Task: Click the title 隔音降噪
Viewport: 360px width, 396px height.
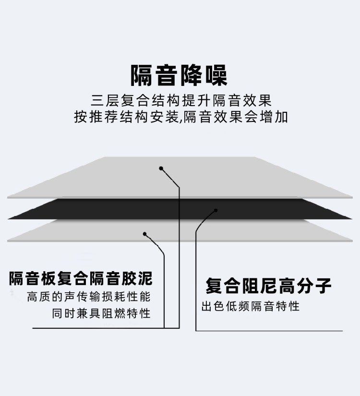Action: (x=179, y=75)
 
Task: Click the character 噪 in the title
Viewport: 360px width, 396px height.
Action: (x=216, y=75)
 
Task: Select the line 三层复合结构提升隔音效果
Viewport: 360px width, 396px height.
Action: (x=181, y=100)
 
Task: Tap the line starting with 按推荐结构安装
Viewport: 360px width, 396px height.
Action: (x=181, y=117)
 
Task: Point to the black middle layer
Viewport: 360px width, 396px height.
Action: (x=180, y=209)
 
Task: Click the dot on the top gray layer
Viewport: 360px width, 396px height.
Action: (x=161, y=168)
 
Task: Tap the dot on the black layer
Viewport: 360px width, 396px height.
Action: (x=216, y=210)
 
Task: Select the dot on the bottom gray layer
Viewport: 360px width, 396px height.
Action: (x=145, y=234)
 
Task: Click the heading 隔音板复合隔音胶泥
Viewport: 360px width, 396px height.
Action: (x=81, y=278)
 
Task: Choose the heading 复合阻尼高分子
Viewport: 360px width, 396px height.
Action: (x=268, y=286)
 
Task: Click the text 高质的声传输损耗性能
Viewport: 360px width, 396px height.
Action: (x=89, y=297)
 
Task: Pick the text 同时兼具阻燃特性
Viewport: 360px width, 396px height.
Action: (x=101, y=313)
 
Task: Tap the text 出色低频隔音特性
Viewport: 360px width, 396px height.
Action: (x=251, y=306)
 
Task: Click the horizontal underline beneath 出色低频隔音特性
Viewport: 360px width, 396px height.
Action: (x=269, y=331)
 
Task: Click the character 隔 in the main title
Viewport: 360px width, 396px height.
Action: (x=141, y=75)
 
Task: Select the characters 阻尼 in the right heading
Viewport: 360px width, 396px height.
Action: (x=260, y=286)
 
